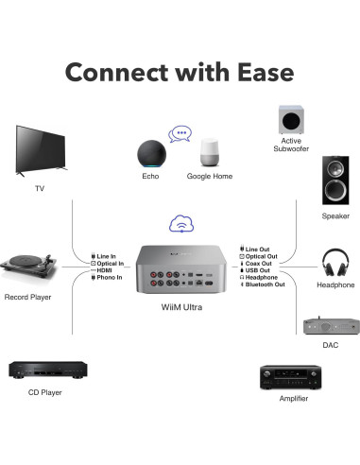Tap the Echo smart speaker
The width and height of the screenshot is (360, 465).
click(x=151, y=153)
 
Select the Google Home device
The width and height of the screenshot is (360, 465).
click(x=210, y=154)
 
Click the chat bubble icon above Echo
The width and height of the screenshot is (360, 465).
click(x=180, y=133)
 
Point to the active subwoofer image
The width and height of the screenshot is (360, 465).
click(x=290, y=119)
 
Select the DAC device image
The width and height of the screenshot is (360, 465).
click(x=329, y=326)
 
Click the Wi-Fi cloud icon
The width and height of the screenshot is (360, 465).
click(x=180, y=224)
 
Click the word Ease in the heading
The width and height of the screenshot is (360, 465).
click(x=247, y=73)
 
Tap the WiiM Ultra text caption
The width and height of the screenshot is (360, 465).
click(x=179, y=308)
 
